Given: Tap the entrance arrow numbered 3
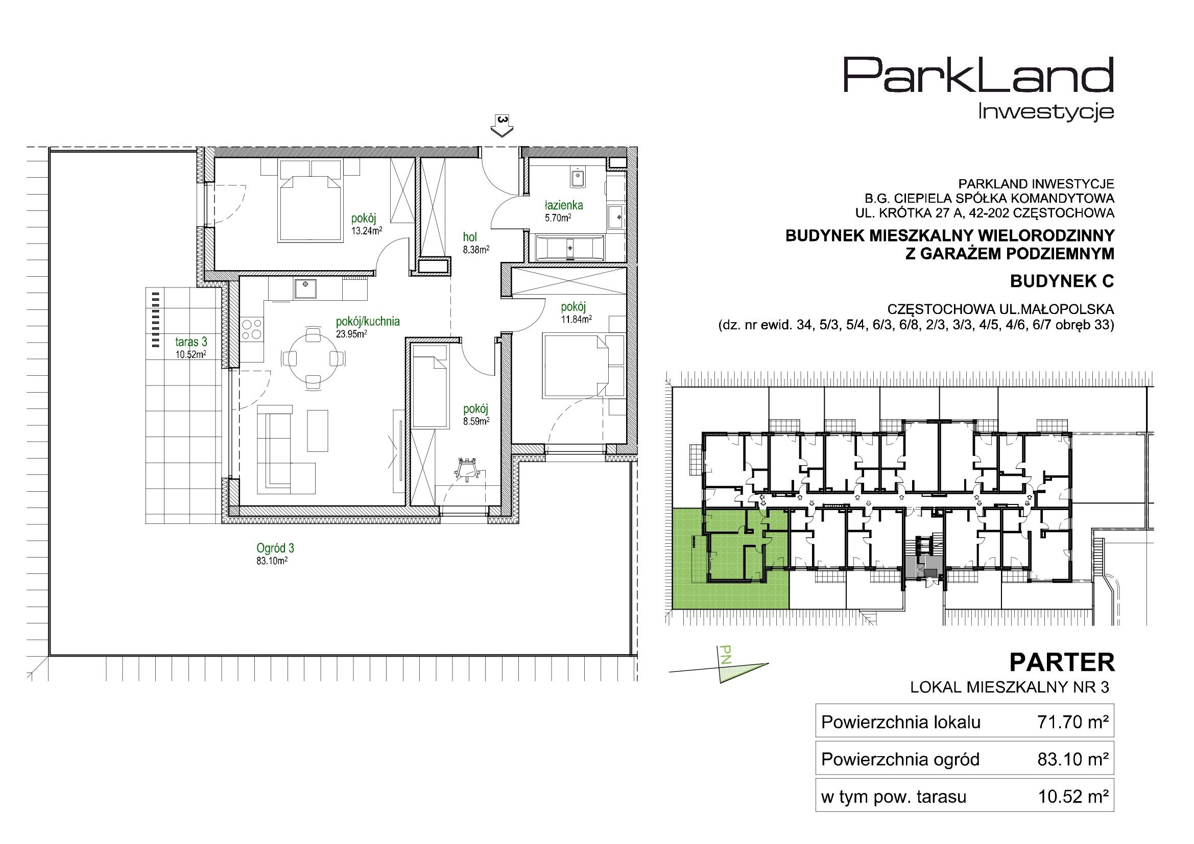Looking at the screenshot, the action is [502, 126].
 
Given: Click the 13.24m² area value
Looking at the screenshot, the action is [367, 231].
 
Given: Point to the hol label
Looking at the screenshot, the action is [470, 237].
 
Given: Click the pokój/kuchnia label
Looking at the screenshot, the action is [368, 321].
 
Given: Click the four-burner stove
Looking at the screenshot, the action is [252, 329].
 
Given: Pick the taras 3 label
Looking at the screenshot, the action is [191, 342].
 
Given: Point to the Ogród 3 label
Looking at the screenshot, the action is [275, 548].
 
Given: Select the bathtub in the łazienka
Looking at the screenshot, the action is [570, 248].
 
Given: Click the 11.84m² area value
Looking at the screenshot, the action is [577, 319].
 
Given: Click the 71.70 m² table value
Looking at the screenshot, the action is [1072, 722].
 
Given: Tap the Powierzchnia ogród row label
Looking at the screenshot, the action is [900, 760].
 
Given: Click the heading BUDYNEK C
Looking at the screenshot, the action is [1062, 281].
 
